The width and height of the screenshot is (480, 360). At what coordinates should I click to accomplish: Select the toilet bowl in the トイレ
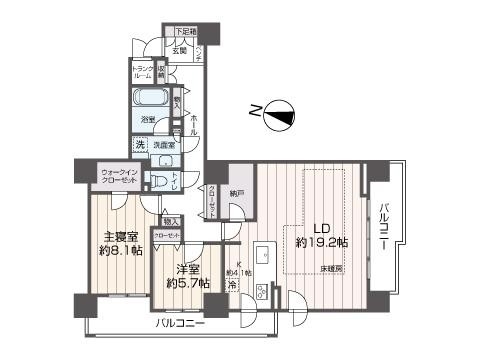coord(158,180)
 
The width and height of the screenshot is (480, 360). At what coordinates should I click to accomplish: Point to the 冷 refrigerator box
coord(231,286)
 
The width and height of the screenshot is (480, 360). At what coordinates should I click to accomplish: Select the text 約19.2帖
coord(321,242)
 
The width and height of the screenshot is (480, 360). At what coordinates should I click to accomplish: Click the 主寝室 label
coord(121,237)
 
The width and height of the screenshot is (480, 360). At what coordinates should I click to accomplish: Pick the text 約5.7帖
coord(187,283)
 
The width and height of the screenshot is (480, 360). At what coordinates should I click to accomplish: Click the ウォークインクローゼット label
coord(119,178)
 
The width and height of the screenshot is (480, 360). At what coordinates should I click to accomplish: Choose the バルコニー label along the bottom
coord(180,325)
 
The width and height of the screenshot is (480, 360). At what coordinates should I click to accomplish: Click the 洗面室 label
coord(163,145)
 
